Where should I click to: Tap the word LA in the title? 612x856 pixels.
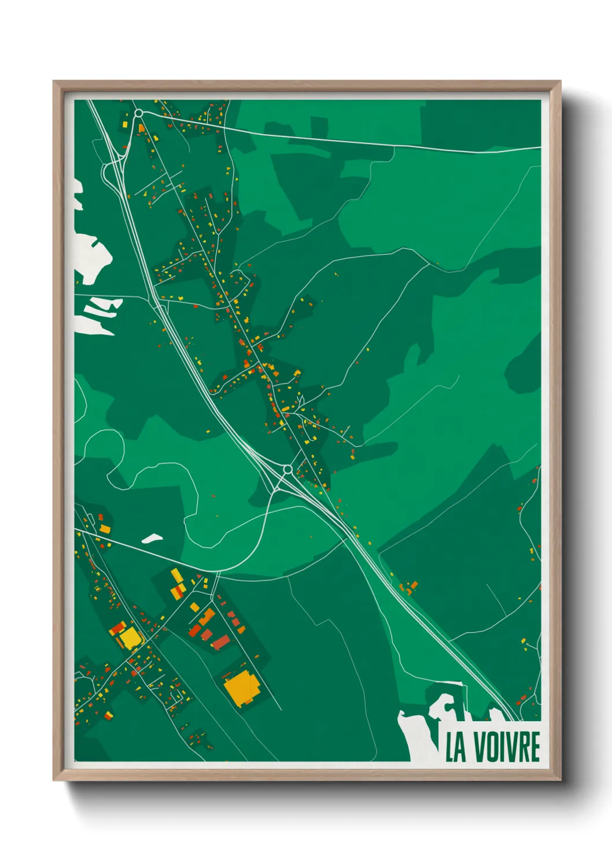coord(456,747)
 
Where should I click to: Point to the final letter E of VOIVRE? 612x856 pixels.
coord(534,747)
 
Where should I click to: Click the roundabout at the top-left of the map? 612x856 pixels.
coord(139,113)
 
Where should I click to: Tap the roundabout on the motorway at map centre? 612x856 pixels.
coord(287,469)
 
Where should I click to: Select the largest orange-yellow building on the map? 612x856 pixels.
coord(242,688)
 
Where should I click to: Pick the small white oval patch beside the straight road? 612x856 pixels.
coord(152,538)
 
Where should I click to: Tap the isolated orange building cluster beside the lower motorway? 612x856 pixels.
coord(410,588)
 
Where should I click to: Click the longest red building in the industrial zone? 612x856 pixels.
coord(220,642)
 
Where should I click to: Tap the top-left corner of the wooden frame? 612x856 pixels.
coord(54,82)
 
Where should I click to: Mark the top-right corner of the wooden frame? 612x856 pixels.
coord(560,82)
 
